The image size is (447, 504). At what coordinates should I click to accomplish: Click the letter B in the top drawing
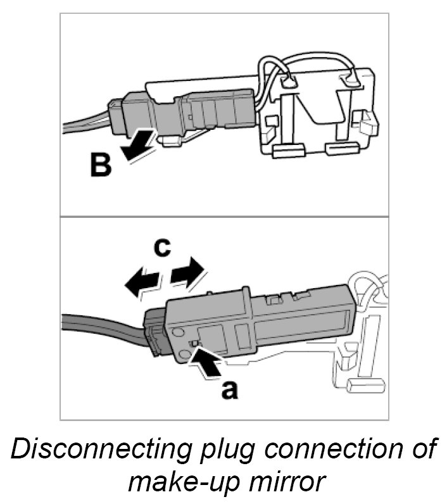tap(100, 165)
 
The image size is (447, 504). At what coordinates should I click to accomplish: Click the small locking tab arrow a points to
tap(197, 344)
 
